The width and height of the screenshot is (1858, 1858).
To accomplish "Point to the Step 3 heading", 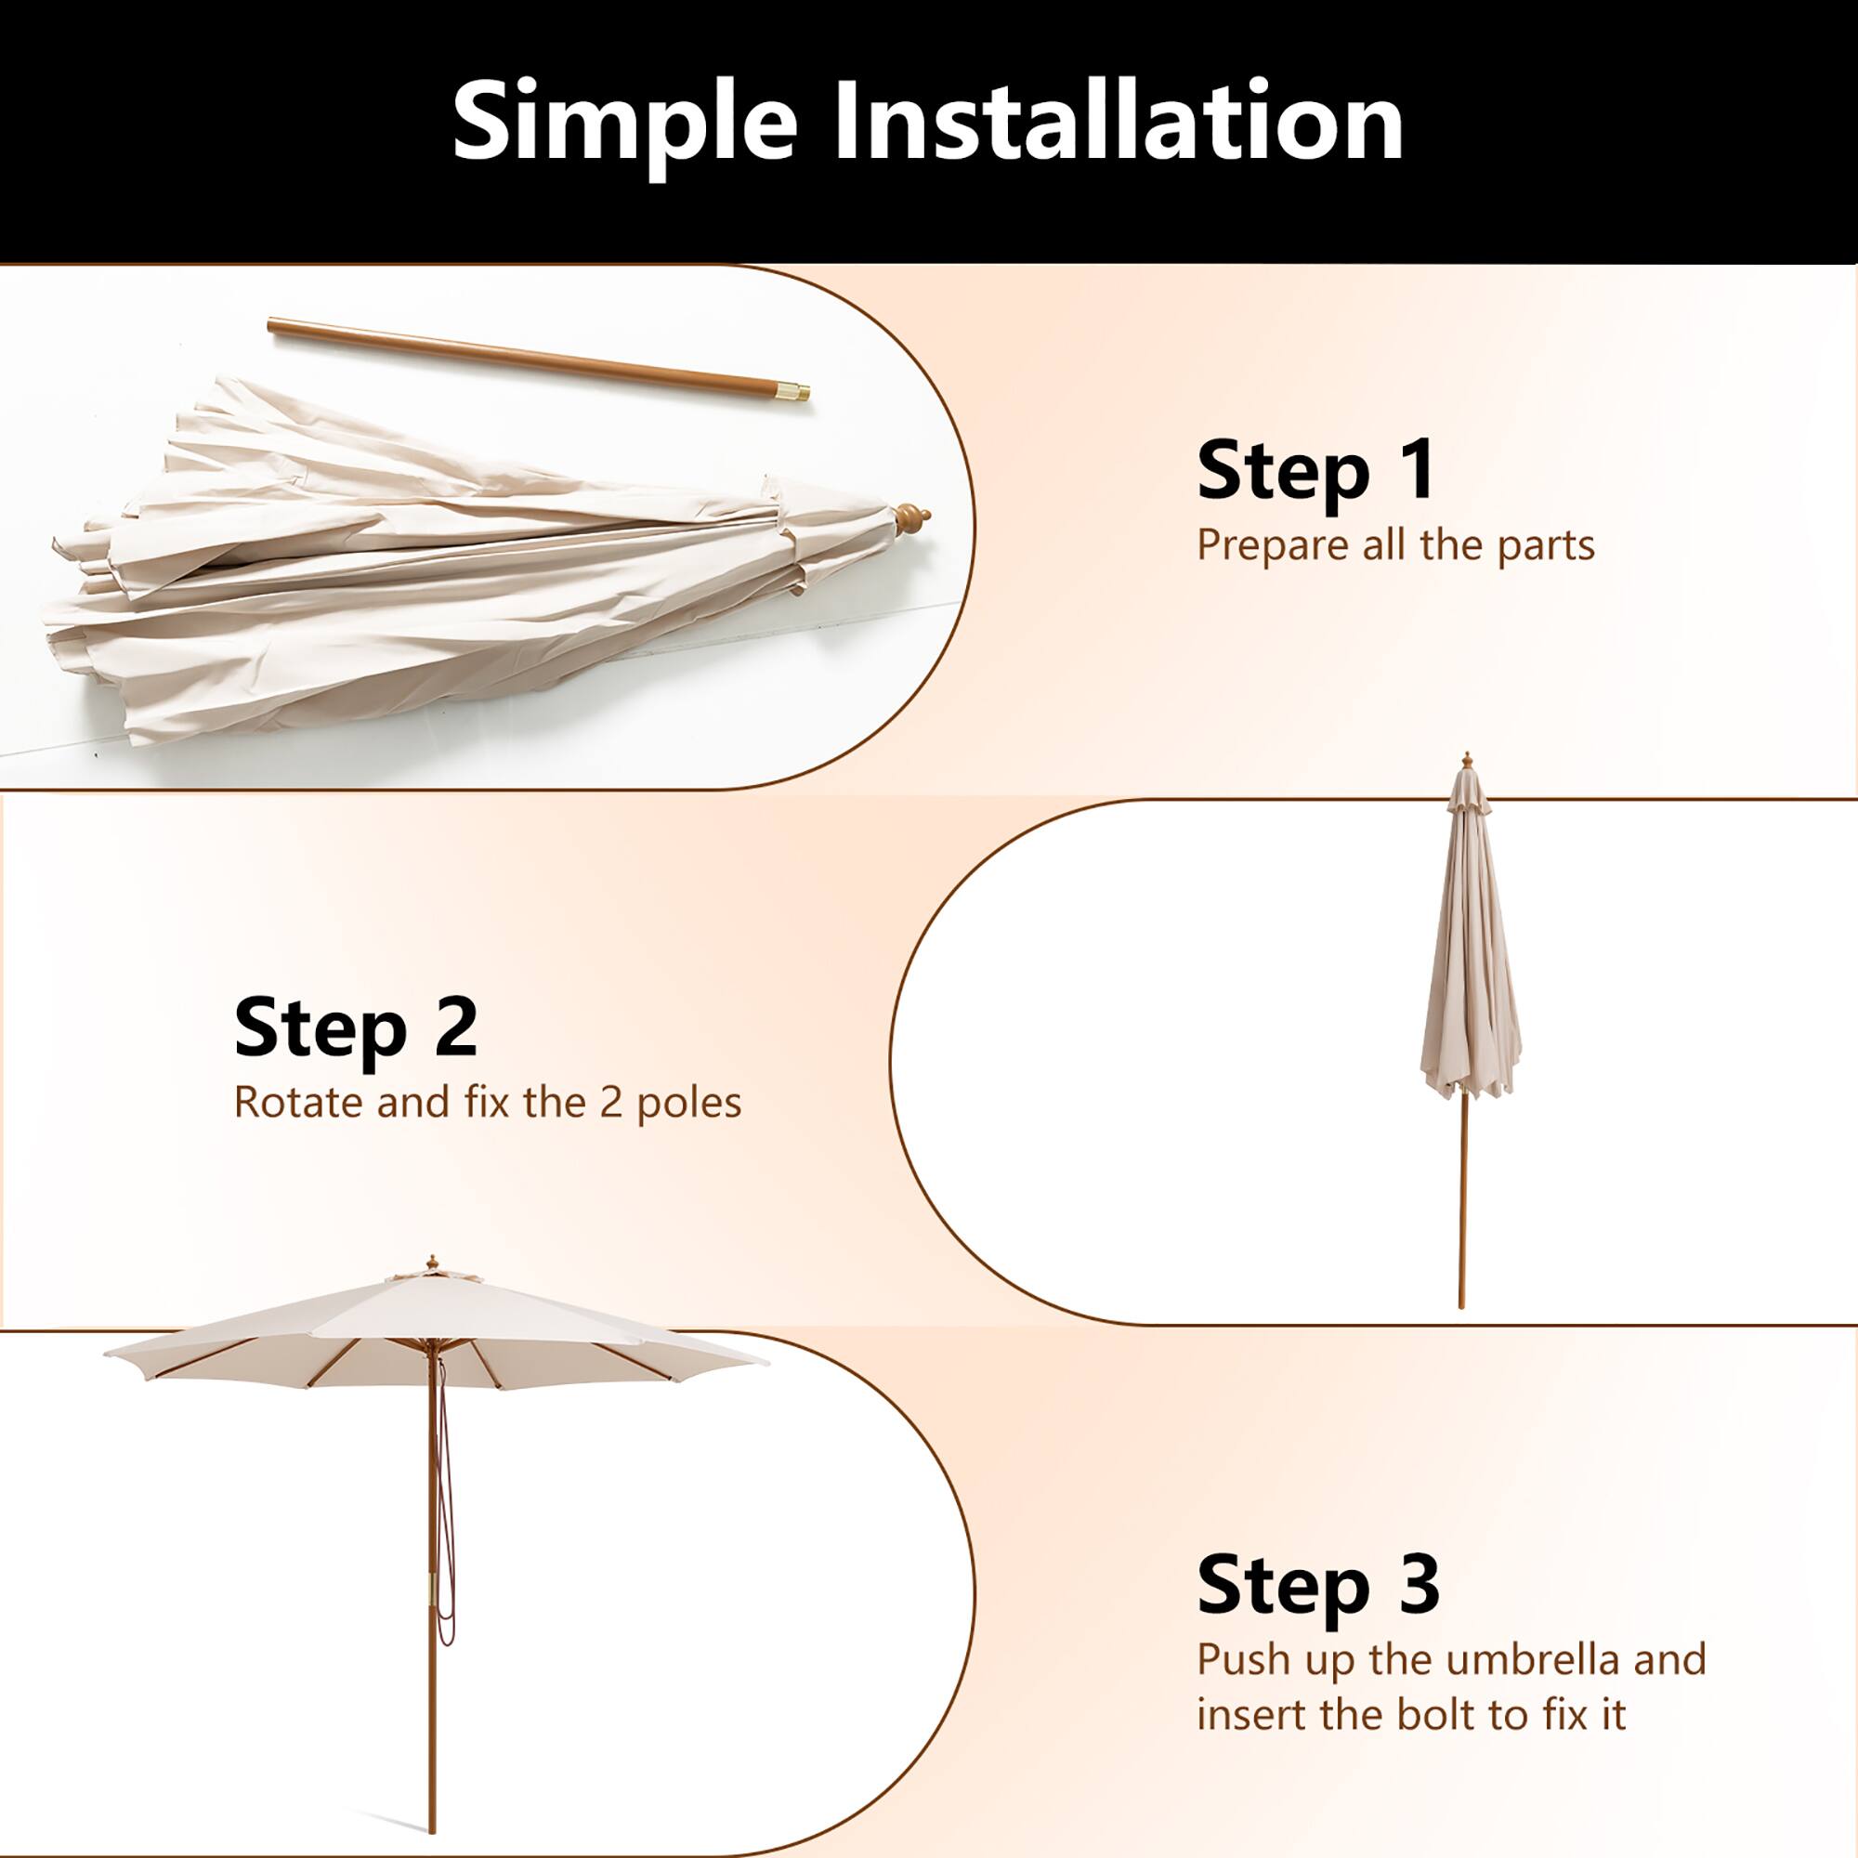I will (1317, 1584).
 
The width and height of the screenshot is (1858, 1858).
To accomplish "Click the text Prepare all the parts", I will (1395, 546).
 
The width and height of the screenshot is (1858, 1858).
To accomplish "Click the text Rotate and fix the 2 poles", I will (488, 1102).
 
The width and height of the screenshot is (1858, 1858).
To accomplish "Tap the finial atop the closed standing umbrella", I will (1467, 760).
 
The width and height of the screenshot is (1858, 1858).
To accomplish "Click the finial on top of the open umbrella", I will (432, 1262).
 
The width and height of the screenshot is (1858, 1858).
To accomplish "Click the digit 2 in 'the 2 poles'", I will (609, 1103).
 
